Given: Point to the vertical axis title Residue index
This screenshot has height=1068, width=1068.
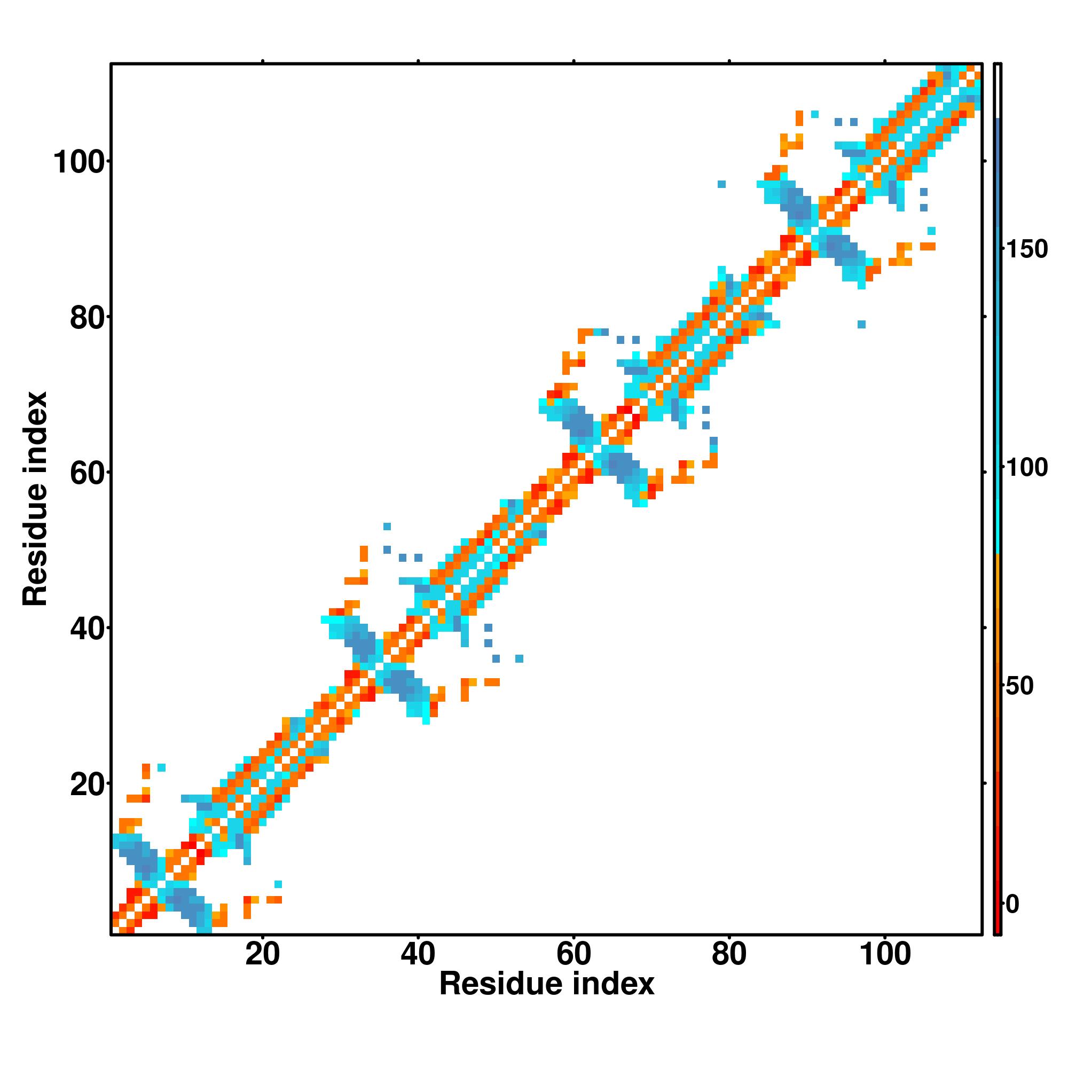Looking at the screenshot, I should [35, 499].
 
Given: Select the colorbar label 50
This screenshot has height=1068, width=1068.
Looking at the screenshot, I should [1019, 686].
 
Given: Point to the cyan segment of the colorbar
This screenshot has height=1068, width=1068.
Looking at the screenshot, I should [998, 498].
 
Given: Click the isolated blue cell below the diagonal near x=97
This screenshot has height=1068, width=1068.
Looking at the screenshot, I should [861, 324].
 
